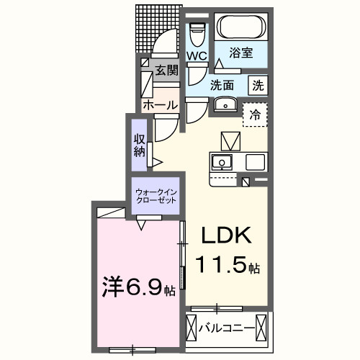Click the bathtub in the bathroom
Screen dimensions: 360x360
click(240, 27)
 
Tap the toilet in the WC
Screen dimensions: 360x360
click(197, 35)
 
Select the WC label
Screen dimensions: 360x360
click(197, 55)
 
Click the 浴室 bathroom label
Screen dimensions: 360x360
click(240, 53)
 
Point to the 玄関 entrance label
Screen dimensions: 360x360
click(167, 70)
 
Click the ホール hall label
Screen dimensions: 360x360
click(161, 105)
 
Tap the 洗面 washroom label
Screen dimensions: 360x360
click(222, 85)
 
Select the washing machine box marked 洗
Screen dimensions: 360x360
click(258, 86)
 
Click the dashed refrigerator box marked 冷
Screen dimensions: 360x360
click(255, 114)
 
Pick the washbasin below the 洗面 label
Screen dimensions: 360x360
click(225, 104)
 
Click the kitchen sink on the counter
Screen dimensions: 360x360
click(222, 162)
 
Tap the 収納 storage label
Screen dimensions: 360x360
click(140, 145)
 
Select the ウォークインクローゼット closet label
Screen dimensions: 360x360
click(156, 197)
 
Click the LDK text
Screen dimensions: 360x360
click(226, 235)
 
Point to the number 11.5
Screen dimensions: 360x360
click(221, 265)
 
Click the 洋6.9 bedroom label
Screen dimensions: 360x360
click(139, 287)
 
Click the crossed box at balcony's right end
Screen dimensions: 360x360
click(261, 328)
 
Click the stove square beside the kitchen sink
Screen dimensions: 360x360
click(255, 162)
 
